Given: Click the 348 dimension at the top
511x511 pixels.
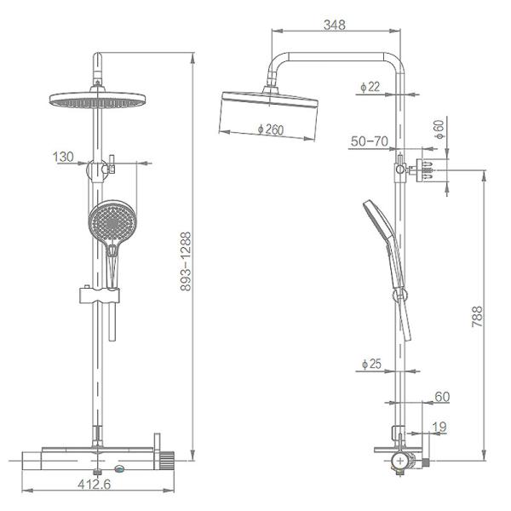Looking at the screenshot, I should click(335, 25).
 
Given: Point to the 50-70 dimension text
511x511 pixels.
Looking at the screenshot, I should click(370, 141).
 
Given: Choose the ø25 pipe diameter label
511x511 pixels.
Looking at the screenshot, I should click(371, 364).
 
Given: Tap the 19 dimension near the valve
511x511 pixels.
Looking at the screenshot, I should click(439, 428).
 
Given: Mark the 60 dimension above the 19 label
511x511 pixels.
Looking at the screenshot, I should click(441, 396).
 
